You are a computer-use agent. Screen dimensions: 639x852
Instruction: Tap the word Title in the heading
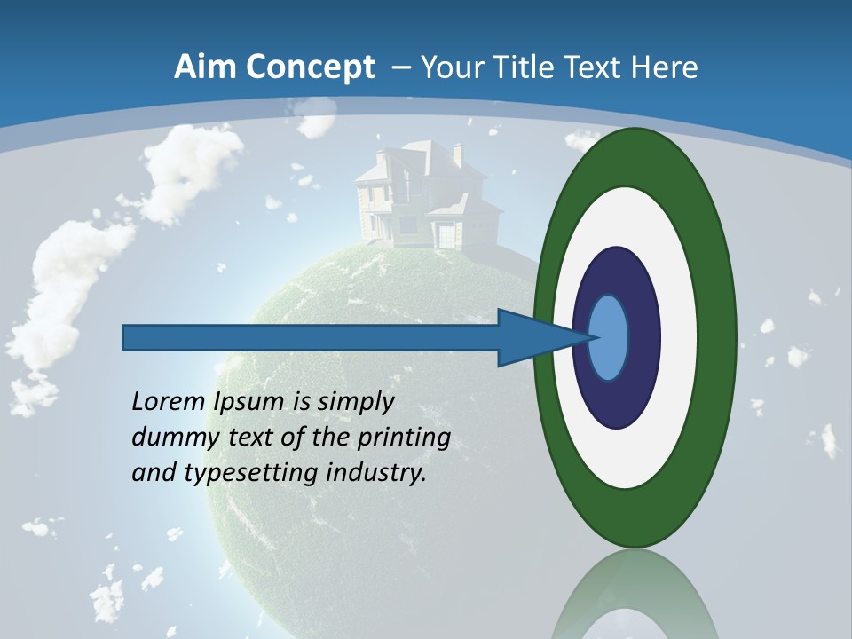pos(528,67)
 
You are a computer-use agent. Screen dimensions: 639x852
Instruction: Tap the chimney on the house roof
pos(457,155)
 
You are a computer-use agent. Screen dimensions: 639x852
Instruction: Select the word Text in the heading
pos(598,67)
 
